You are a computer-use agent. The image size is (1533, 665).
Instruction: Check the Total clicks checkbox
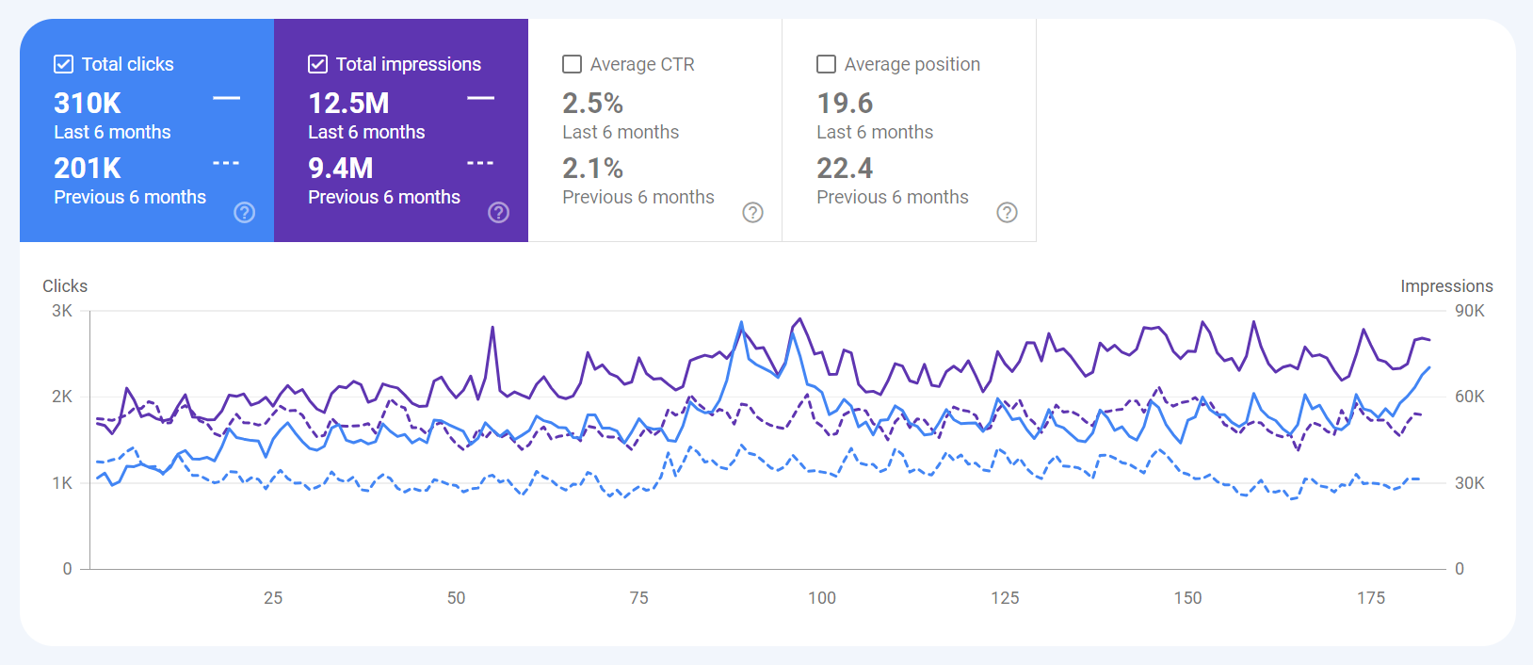tap(64, 64)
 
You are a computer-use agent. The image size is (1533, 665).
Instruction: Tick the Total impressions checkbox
tap(318, 64)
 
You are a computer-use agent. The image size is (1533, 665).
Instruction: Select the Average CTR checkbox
tap(572, 64)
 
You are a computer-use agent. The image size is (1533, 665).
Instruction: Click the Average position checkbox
tap(826, 64)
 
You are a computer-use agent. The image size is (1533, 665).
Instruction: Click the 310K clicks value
tap(88, 103)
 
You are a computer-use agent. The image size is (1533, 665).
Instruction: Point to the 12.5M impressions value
tap(348, 103)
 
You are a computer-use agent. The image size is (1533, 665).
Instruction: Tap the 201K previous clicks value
tap(88, 168)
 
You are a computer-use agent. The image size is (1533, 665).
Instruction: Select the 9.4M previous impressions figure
tap(341, 168)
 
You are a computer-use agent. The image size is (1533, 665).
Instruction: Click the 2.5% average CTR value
tap(592, 103)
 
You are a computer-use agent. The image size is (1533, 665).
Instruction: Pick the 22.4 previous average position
tap(845, 168)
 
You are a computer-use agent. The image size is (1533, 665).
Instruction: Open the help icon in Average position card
tap(1007, 212)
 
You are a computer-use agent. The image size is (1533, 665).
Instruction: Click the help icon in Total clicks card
tap(245, 212)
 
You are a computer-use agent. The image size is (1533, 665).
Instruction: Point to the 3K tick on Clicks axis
tap(62, 311)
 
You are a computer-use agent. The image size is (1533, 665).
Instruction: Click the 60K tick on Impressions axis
tap(1469, 397)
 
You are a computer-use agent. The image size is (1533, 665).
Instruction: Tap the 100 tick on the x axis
tap(822, 597)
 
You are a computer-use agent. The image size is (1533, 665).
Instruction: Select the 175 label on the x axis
tap(1371, 597)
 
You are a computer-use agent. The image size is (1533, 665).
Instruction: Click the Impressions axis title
tap(1446, 286)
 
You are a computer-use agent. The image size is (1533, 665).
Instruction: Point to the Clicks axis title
tap(65, 286)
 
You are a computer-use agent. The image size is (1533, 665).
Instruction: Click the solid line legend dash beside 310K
tap(226, 98)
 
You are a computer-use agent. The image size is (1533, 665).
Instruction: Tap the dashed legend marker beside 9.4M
tap(480, 163)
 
